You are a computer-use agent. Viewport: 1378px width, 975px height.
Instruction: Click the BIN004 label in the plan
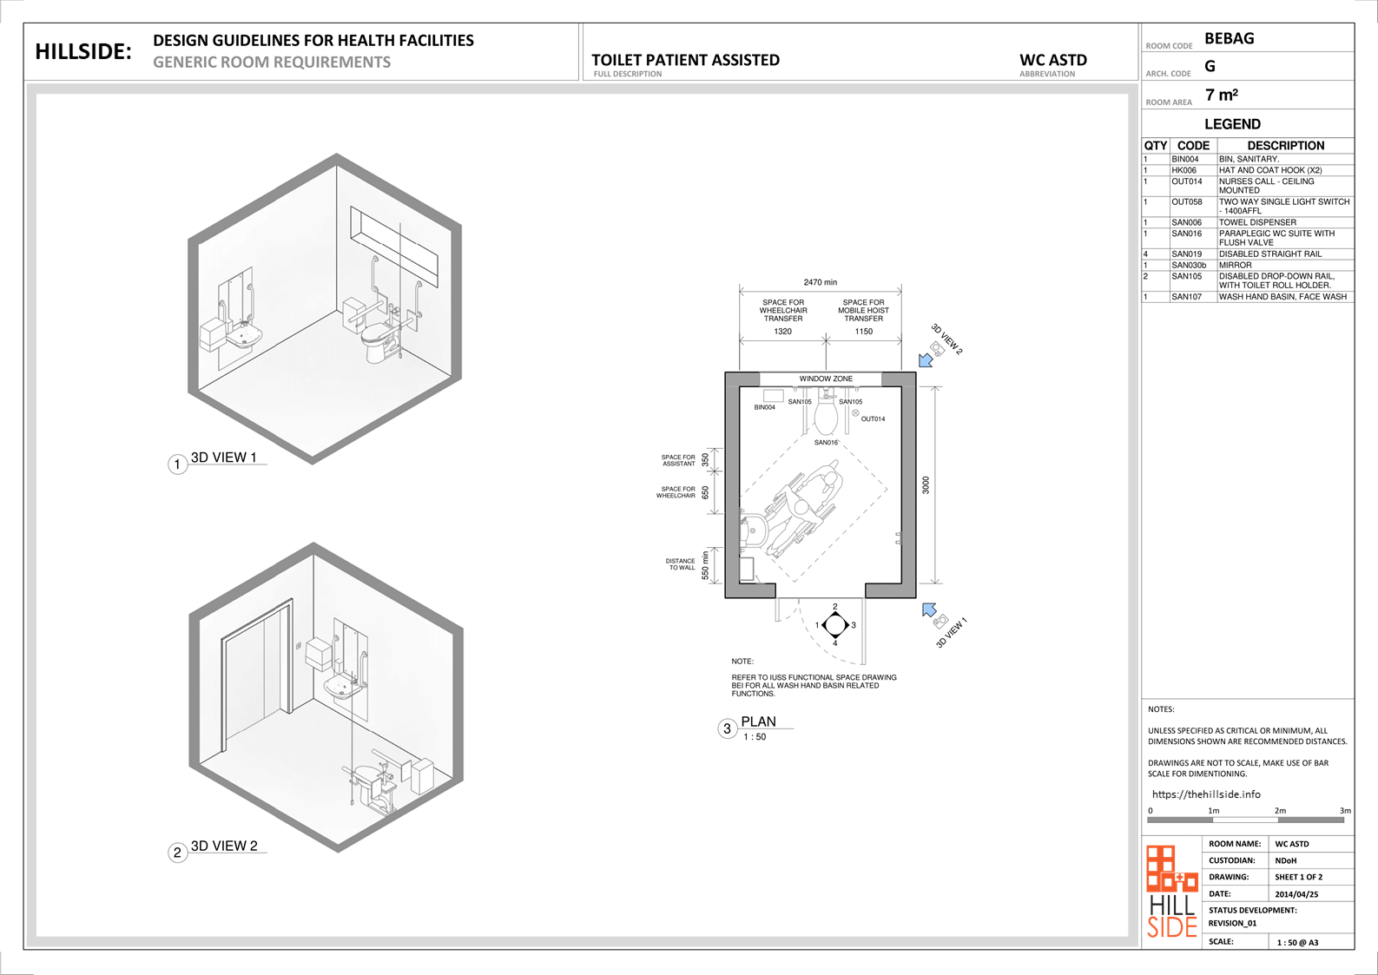(765, 407)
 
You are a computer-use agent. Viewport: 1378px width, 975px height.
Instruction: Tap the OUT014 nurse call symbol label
(873, 419)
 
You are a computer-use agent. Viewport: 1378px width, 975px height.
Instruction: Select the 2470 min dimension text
(820, 282)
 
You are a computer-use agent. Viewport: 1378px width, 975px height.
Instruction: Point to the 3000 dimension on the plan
(926, 484)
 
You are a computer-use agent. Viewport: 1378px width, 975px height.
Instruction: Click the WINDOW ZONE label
(826, 379)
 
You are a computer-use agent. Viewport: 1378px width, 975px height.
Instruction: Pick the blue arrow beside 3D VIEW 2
(926, 360)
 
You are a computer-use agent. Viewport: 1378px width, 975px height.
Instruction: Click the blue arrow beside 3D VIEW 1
(929, 609)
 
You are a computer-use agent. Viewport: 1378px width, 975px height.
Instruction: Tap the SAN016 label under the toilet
(826, 442)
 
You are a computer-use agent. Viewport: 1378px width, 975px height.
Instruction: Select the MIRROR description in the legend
(1236, 265)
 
